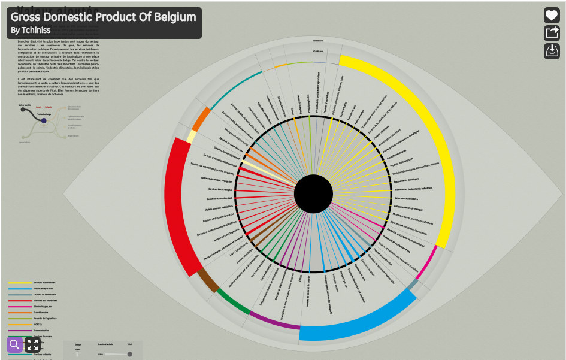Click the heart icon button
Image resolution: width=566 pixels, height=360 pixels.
point(552,16)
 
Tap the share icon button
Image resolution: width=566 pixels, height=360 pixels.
point(552,34)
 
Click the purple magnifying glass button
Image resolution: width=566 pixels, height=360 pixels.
point(14,344)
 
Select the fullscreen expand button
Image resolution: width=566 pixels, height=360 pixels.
point(32,344)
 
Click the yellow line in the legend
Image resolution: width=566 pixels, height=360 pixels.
point(20,283)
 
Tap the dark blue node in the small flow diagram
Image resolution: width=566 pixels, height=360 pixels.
point(44,121)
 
